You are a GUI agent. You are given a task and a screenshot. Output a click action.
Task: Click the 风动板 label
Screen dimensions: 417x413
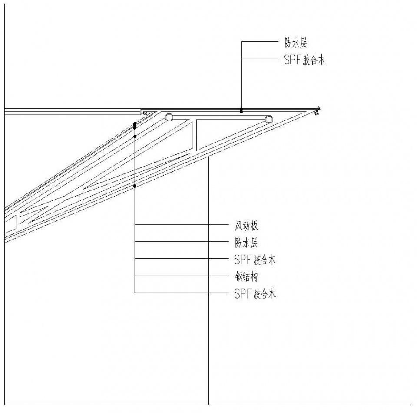[x=246, y=226]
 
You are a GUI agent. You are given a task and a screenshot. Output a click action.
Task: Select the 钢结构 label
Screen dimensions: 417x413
[x=246, y=277]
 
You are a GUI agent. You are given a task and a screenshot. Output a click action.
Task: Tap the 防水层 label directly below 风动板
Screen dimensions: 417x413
[x=246, y=243]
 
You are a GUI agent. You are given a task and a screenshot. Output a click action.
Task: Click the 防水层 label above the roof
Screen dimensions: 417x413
[x=296, y=43]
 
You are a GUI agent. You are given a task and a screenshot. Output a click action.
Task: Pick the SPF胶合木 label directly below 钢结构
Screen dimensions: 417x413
[x=255, y=294]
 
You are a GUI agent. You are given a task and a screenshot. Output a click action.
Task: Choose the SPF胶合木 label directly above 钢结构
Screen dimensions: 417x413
[x=255, y=260]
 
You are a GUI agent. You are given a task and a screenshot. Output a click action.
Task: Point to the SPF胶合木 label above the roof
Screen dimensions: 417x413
[x=304, y=60]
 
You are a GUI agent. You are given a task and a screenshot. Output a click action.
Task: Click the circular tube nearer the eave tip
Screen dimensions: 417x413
[x=269, y=119]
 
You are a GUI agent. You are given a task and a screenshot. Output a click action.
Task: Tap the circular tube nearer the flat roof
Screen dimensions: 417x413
[x=169, y=117]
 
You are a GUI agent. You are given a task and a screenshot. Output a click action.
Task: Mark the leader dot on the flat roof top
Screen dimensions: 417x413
[x=241, y=110]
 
